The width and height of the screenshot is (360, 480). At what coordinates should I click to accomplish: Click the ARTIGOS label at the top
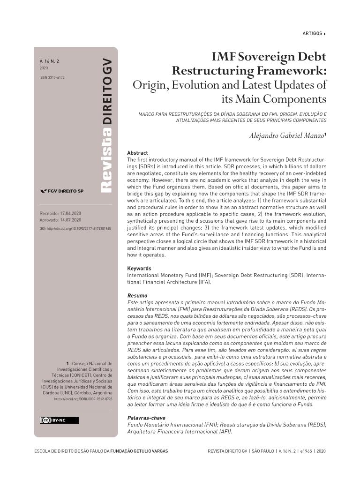click(x=312, y=33)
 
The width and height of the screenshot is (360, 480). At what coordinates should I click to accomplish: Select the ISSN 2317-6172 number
click(x=52, y=77)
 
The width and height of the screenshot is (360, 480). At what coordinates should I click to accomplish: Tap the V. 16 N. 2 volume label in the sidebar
click(x=49, y=61)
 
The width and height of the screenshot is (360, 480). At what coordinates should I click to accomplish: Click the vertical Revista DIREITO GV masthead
click(x=107, y=126)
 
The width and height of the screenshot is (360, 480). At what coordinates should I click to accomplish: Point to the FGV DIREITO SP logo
click(x=62, y=191)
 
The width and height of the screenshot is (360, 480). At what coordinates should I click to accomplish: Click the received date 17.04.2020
click(x=71, y=213)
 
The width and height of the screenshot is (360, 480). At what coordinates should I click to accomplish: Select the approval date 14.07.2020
click(x=71, y=220)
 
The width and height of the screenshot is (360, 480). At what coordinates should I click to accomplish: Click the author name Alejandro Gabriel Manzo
click(x=287, y=136)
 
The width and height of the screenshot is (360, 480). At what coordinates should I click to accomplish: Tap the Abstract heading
click(x=137, y=153)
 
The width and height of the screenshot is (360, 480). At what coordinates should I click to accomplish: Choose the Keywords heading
click(x=139, y=269)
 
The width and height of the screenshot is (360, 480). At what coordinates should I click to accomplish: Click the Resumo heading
click(x=137, y=296)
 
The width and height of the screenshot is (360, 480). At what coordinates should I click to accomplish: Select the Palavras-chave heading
click(x=146, y=418)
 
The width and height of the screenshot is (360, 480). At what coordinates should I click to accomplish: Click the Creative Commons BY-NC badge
click(x=59, y=420)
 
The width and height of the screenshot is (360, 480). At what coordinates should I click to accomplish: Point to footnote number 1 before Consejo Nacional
click(x=67, y=363)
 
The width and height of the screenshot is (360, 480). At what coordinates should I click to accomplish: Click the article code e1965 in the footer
click(x=306, y=451)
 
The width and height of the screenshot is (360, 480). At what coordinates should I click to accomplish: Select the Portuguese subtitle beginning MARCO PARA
click(x=232, y=117)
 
